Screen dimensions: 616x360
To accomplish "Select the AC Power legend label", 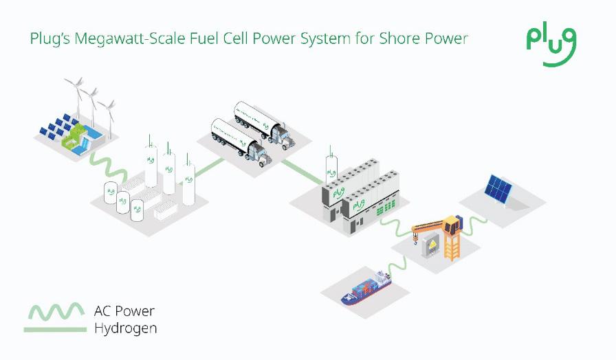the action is pos(124,312).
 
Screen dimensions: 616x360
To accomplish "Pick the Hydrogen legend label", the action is pos(125,328).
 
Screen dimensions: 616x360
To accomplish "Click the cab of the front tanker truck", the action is pos(258,153).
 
